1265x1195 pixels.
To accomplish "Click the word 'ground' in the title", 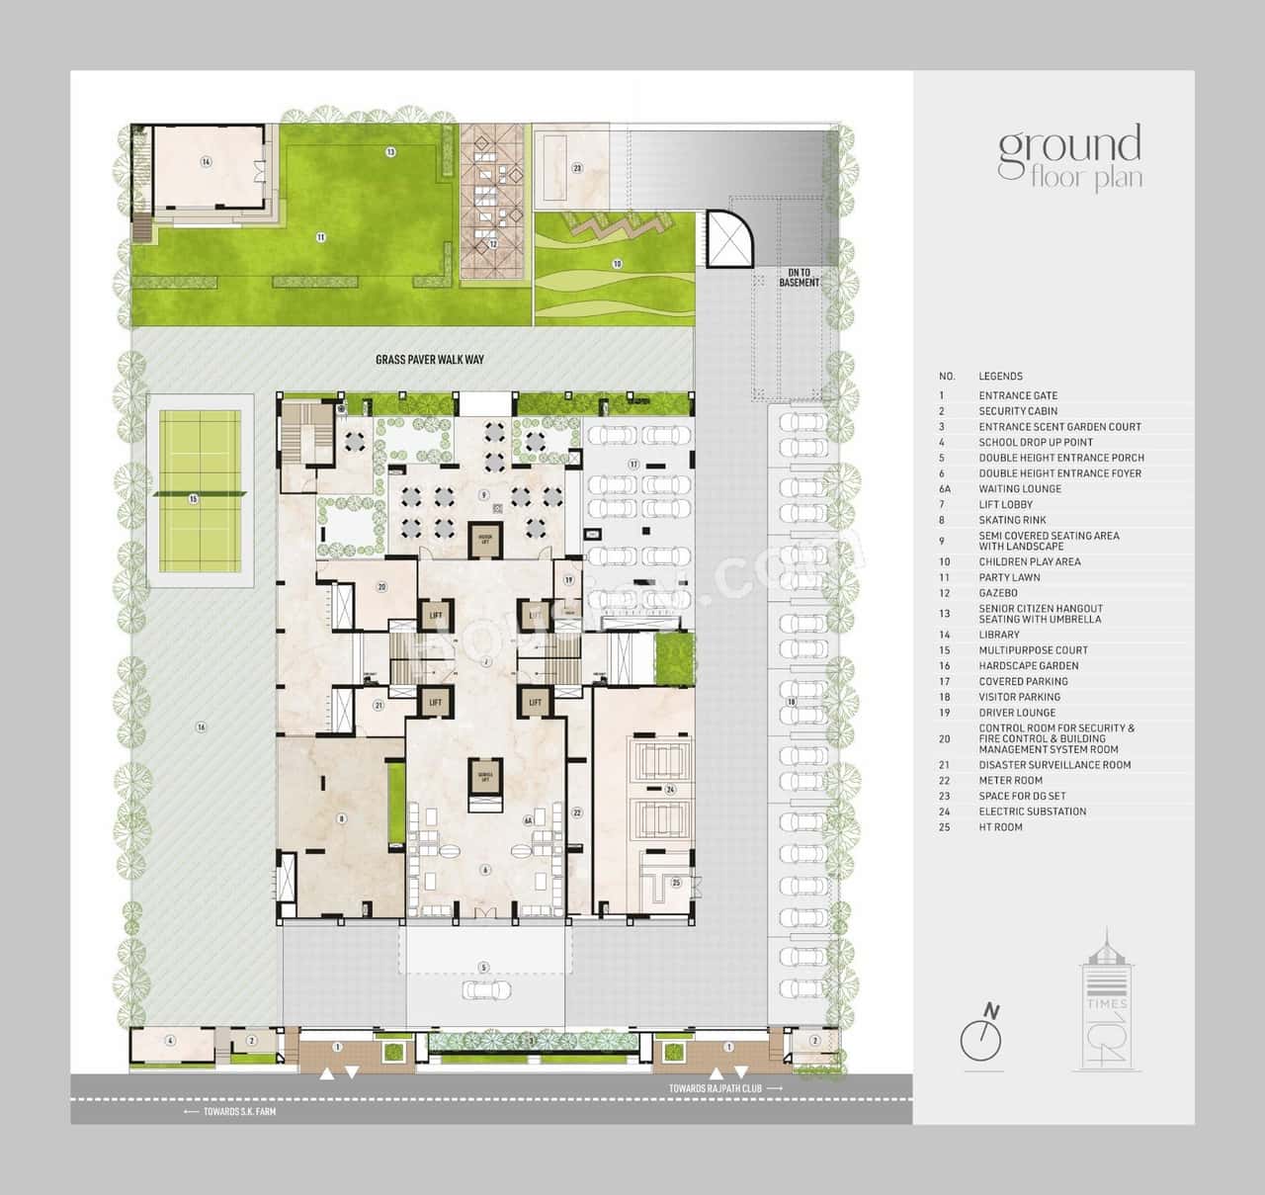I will tap(1069, 145).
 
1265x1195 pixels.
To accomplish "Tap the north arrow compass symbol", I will tap(981, 1037).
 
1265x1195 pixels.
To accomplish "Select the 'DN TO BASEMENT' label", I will tap(799, 278).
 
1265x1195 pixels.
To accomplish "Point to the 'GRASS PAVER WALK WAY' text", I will tap(430, 360).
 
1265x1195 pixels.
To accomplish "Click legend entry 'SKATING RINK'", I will tap(1012, 520).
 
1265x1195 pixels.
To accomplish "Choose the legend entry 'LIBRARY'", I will tap(999, 635).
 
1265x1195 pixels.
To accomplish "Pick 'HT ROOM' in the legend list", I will tap(1000, 827).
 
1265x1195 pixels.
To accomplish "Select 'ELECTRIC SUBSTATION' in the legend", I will tap(1032, 811).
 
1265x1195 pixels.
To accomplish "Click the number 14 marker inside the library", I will tap(206, 162).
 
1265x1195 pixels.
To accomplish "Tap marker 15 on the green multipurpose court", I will tap(194, 499).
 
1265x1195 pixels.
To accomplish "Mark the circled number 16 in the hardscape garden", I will tap(201, 727).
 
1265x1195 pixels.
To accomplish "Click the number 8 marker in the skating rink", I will tap(342, 818).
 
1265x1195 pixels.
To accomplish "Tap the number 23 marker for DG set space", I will tap(577, 169).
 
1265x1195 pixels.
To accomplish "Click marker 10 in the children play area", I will tap(617, 264).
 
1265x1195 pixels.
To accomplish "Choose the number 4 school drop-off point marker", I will tap(170, 1041).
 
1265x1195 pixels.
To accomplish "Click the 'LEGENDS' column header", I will tap(1000, 377).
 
